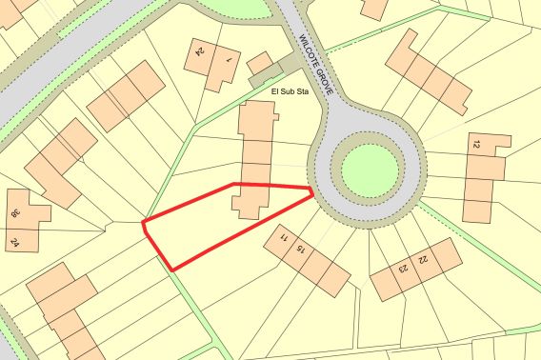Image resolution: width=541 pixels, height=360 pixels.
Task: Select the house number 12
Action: tap(474, 145)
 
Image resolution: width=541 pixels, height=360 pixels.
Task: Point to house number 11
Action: tap(284, 237)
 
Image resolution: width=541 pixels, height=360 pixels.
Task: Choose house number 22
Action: tap(422, 258)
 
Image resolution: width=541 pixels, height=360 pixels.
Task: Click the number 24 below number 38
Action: tap(15, 243)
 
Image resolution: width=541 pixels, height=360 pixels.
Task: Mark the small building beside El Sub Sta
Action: tap(258, 64)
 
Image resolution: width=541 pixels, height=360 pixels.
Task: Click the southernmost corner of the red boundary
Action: tap(172, 270)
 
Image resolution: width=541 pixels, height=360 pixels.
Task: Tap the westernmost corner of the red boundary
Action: tap(142, 224)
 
